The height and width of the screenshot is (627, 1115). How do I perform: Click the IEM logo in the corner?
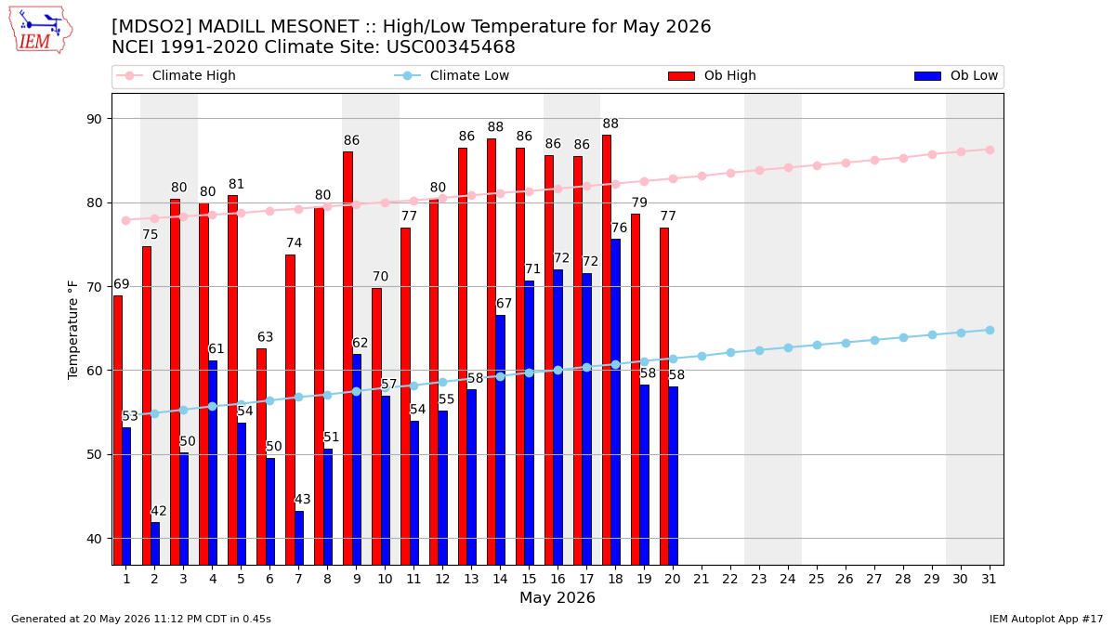[41, 31]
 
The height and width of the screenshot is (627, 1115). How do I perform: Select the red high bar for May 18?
[606, 350]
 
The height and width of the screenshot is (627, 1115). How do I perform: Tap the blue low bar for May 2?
[155, 543]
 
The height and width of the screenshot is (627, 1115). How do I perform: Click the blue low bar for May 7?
[299, 538]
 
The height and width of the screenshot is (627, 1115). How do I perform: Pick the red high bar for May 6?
[261, 457]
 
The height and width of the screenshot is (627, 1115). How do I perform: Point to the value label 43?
[303, 499]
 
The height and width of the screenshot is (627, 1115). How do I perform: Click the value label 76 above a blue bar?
[619, 228]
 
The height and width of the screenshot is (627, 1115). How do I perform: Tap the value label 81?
[236, 184]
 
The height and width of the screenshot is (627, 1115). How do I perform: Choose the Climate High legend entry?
[176, 75]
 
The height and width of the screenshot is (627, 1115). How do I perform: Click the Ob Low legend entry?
[956, 75]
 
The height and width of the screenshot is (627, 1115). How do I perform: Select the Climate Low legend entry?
[452, 75]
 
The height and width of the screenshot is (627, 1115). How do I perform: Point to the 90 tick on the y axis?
[94, 119]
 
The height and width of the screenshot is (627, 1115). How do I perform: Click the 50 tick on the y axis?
[94, 455]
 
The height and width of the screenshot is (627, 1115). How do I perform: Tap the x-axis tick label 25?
[817, 579]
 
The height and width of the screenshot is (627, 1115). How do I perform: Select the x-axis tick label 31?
[989, 579]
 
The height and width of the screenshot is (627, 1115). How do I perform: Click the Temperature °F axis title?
[72, 330]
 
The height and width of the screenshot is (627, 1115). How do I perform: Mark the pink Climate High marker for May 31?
[990, 150]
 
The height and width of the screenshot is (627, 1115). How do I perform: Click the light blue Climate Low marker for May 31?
[990, 331]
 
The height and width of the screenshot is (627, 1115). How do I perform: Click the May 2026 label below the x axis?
[557, 597]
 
